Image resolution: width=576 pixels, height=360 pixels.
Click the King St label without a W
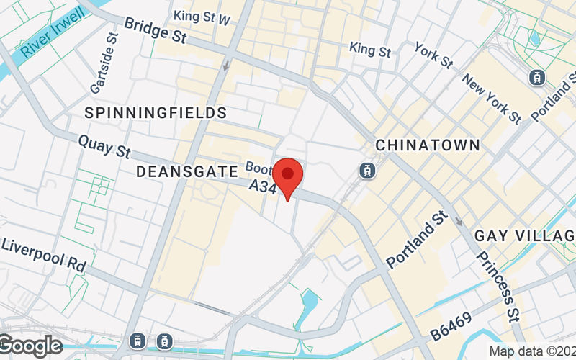[370, 50]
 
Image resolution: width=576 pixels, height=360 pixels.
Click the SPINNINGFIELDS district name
[156, 113]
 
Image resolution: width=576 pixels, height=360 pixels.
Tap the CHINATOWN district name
[428, 145]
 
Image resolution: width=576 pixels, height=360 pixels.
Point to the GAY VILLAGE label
[525, 236]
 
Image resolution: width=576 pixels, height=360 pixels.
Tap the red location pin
[288, 174]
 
